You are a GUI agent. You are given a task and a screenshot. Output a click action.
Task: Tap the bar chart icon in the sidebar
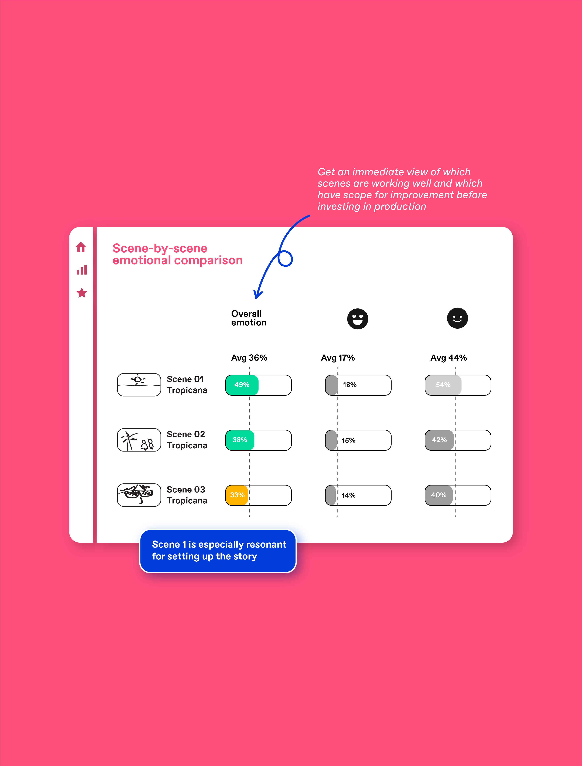point(82,270)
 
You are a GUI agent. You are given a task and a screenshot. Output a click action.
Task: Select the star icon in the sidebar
point(82,293)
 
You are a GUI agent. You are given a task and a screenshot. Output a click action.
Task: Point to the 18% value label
point(350,385)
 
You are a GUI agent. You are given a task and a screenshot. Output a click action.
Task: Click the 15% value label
point(348,440)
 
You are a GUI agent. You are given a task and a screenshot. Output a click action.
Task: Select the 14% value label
point(348,495)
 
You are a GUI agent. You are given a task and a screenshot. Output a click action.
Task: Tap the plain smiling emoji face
point(457,318)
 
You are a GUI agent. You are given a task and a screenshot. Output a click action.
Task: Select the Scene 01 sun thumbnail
point(139,385)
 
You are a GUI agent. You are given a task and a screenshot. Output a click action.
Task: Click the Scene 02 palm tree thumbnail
point(139,440)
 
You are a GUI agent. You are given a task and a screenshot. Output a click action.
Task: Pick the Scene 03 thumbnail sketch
point(139,495)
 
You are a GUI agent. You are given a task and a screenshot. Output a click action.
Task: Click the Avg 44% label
point(449,358)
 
